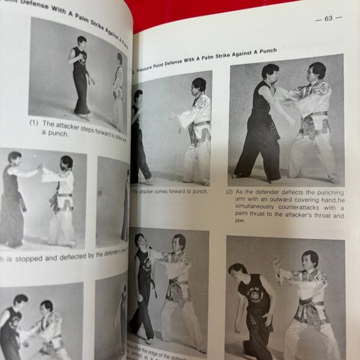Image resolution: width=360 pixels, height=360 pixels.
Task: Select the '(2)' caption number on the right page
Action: click(x=230, y=192)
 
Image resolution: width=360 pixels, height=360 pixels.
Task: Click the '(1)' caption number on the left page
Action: click(x=34, y=123)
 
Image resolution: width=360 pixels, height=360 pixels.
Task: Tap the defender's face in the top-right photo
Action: click(x=317, y=72)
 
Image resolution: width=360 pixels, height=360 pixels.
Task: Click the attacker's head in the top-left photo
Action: click(x=81, y=42)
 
